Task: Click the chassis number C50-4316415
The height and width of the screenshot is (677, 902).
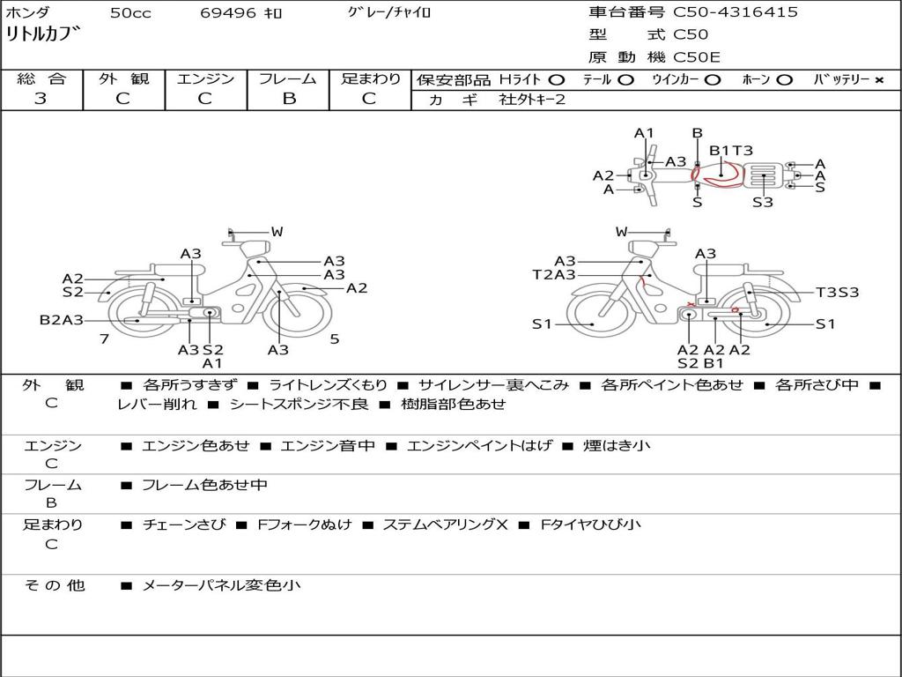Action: pos(736,12)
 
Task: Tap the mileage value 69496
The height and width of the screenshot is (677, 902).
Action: pos(227,12)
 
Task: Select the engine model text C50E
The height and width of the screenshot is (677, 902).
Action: pos(696,57)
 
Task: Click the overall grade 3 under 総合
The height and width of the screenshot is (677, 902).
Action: pos(41,99)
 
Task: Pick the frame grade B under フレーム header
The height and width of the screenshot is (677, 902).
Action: pos(289,99)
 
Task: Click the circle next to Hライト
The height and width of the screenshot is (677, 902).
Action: pos(556,80)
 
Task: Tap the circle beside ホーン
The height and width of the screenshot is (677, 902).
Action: pos(785,80)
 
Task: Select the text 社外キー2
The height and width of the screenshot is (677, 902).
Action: pos(532,100)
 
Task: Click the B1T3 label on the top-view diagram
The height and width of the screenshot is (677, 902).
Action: pos(730,151)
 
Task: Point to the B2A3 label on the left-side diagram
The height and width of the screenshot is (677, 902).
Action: pos(62,319)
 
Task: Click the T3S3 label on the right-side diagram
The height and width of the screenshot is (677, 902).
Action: pos(837,293)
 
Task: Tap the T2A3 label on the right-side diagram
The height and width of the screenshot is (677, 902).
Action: pos(554,275)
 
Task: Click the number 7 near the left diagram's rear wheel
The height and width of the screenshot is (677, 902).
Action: pos(104,339)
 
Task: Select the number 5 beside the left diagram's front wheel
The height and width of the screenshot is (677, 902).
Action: pos(335,339)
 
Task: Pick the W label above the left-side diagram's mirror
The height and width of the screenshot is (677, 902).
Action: pos(277,232)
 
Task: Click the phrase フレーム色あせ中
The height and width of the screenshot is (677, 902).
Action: pos(204,486)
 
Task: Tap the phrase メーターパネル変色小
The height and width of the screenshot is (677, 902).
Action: pos(221,585)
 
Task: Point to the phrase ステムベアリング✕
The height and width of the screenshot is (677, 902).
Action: pos(446,524)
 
